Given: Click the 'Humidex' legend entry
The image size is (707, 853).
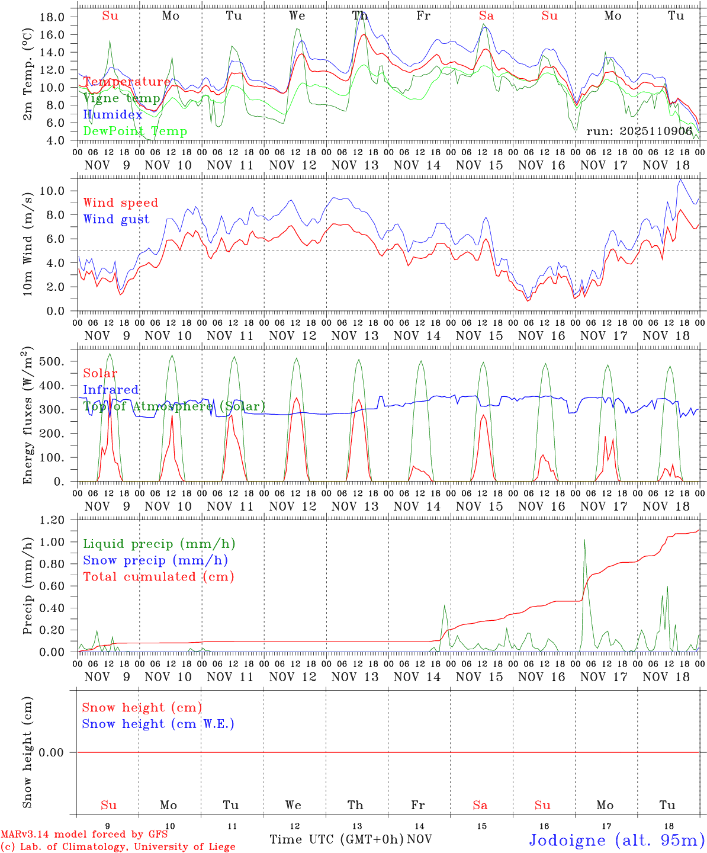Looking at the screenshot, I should pyautogui.click(x=113, y=115).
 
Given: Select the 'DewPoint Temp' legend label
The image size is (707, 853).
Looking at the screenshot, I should pyautogui.click(x=135, y=132).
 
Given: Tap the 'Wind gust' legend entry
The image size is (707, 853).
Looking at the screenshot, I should pyautogui.click(x=116, y=219).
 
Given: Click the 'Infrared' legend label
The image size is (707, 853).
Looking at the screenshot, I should pyautogui.click(x=111, y=390).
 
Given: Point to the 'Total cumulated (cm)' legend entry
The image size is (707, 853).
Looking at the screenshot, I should pyautogui.click(x=158, y=577).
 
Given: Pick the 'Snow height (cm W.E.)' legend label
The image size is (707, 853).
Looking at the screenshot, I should pyautogui.click(x=158, y=724).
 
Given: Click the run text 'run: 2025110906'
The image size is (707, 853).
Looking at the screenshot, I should pyautogui.click(x=639, y=132).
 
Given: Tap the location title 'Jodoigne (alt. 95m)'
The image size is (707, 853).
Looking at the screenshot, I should pyautogui.click(x=616, y=840).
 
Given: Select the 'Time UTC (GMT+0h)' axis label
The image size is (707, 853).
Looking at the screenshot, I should pyautogui.click(x=336, y=839).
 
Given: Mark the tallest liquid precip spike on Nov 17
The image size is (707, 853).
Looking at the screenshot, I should pyautogui.click(x=584, y=540).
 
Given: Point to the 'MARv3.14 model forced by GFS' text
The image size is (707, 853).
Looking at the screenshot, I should pyautogui.click(x=84, y=834).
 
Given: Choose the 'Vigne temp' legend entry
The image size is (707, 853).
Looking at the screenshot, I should pyautogui.click(x=121, y=98).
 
